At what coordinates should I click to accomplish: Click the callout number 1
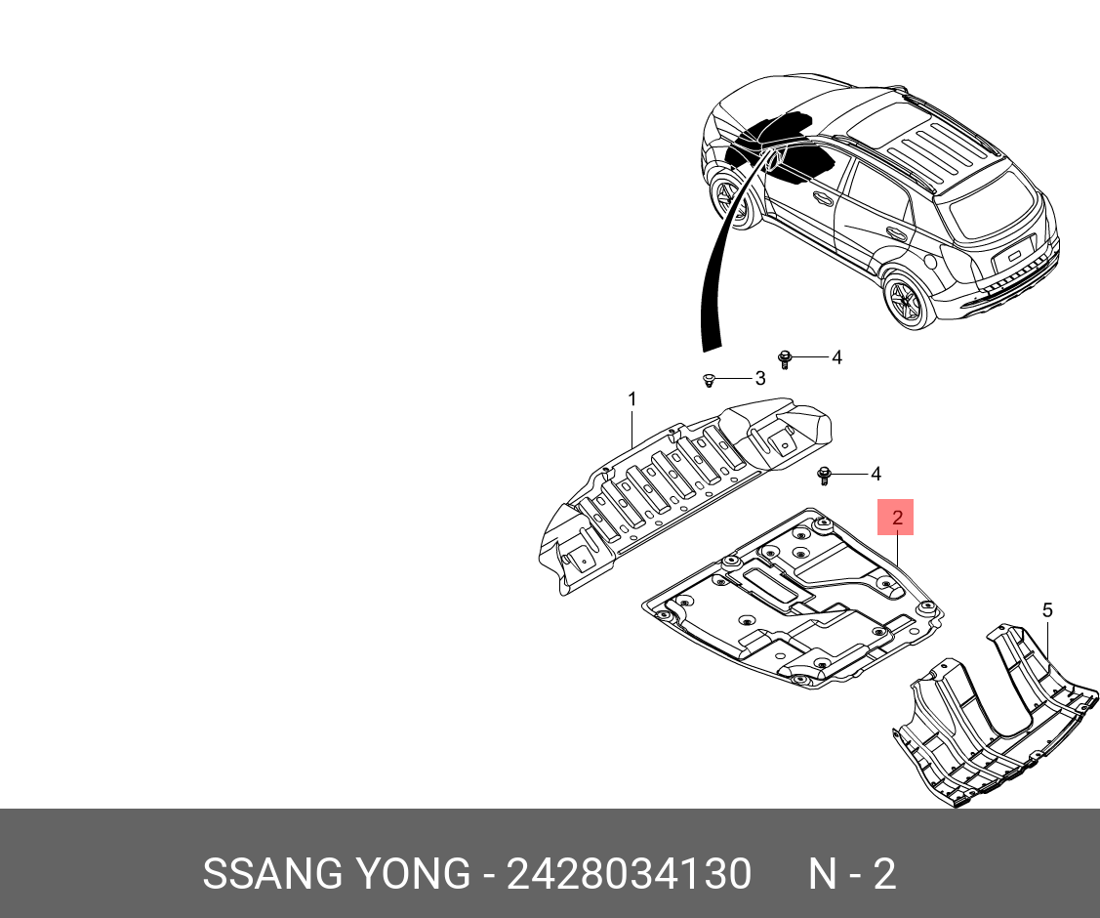point(631,399)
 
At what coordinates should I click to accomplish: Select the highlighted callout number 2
point(896,518)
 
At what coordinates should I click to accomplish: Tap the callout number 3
point(760,378)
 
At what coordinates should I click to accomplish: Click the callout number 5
point(1047,611)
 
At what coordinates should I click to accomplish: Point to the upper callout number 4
point(836,358)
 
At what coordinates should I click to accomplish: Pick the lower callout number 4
point(876,475)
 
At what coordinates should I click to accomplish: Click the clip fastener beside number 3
point(710,379)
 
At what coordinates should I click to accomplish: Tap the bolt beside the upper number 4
point(784,358)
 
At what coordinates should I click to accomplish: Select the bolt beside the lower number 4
point(825,476)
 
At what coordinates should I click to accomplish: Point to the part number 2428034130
point(629,874)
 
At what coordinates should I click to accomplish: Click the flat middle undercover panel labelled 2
point(791,605)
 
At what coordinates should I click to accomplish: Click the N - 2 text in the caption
point(851,874)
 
